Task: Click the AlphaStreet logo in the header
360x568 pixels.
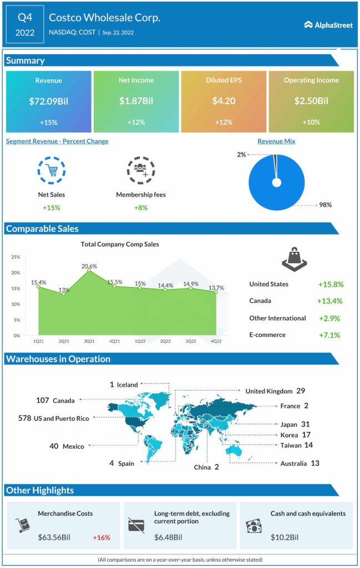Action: pyautogui.click(x=328, y=25)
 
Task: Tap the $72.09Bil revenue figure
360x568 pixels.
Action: pyautogui.click(x=48, y=101)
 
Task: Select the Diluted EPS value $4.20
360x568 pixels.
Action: pyautogui.click(x=224, y=101)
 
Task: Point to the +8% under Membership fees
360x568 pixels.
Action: pyautogui.click(x=140, y=207)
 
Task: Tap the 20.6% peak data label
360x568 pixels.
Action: pyautogui.click(x=89, y=266)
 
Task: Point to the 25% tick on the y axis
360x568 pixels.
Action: pyautogui.click(x=15, y=257)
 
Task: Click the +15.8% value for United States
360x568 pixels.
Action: pyautogui.click(x=331, y=285)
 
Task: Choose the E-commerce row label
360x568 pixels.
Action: pyautogui.click(x=267, y=335)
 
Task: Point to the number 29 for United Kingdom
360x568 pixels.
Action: pyautogui.click(x=301, y=391)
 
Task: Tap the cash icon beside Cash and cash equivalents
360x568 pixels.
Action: pyautogui.click(x=253, y=525)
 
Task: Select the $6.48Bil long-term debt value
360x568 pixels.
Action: pyautogui.click(x=168, y=537)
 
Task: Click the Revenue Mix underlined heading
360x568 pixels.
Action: pyautogui.click(x=276, y=141)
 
